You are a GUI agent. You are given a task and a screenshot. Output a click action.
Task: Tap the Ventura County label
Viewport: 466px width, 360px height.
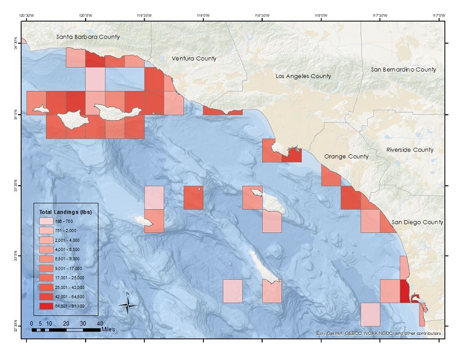[194, 58]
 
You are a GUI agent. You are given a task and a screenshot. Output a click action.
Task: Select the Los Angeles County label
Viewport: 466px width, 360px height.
[303, 76]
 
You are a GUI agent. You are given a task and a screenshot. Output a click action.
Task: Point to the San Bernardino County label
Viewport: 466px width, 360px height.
[403, 69]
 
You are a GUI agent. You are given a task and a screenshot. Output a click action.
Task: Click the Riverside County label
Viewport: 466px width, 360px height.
[410, 150]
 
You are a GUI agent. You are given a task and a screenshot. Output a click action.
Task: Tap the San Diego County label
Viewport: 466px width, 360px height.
[417, 222]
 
